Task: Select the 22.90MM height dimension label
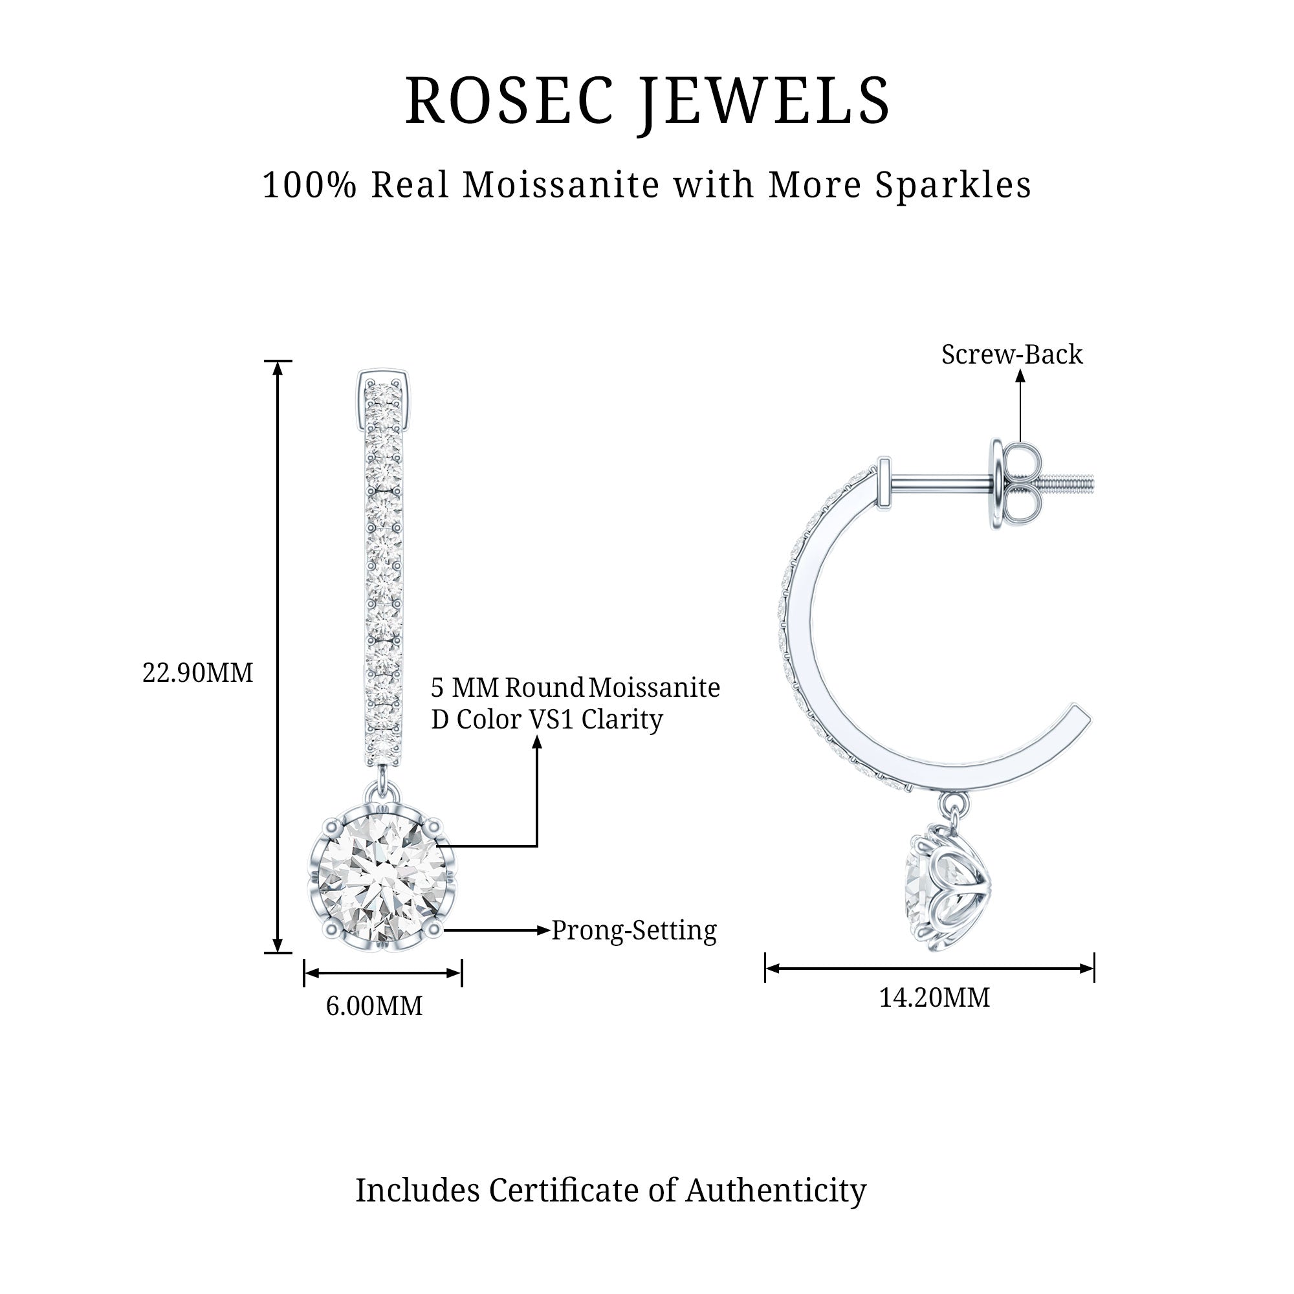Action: click(x=197, y=672)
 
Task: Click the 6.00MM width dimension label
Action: click(x=374, y=1006)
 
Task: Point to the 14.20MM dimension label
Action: click(x=934, y=997)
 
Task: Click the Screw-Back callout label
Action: click(x=1011, y=355)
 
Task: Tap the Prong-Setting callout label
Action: click(x=633, y=930)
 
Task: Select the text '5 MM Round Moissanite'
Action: click(x=575, y=687)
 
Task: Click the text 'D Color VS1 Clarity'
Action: click(x=547, y=719)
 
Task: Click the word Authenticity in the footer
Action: click(x=776, y=1190)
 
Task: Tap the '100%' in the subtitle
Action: click(x=309, y=185)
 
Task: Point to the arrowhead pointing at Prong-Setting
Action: click(x=544, y=930)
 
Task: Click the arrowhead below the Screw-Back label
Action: click(x=1020, y=377)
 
